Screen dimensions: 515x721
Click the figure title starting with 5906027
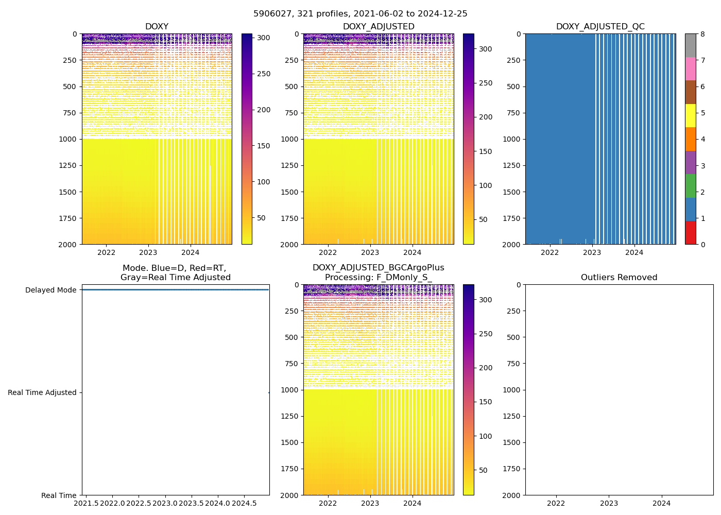click(x=360, y=14)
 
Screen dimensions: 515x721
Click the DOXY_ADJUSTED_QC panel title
click(x=600, y=27)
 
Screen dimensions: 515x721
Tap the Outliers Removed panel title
click(x=619, y=278)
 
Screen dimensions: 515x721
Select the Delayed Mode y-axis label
click(x=51, y=290)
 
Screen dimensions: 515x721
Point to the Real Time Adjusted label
click(x=42, y=392)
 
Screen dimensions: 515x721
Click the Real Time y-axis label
click(x=59, y=495)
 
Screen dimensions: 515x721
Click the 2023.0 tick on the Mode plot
click(x=165, y=503)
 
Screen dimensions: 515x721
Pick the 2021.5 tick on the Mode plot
click(x=86, y=503)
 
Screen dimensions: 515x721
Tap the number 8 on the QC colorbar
click(x=702, y=34)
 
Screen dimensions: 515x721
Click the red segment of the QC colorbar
click(x=690, y=232)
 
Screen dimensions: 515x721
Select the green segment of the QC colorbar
click(x=690, y=185)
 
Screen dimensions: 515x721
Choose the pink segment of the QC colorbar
click(x=690, y=68)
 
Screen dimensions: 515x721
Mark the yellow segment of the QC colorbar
click(x=690, y=115)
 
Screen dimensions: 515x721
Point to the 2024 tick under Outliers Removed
click(x=662, y=503)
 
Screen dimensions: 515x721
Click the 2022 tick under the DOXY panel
click(x=106, y=252)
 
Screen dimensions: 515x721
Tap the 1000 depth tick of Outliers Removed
click(x=512, y=390)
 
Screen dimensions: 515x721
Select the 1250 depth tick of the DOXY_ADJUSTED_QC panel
click(x=512, y=165)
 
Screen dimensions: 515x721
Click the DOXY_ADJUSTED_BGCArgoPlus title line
click(x=378, y=268)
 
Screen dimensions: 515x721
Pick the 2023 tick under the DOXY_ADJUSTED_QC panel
click(x=592, y=252)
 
